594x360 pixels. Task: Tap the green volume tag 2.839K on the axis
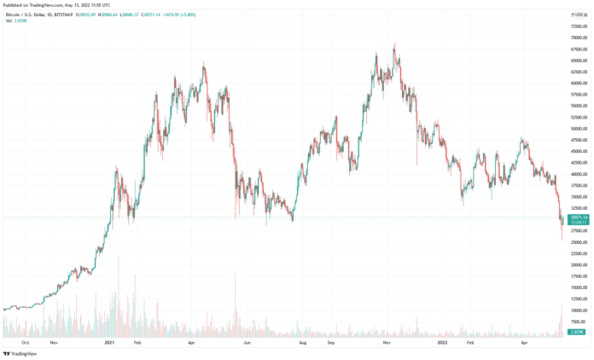click(x=577, y=332)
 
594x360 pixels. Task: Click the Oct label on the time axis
click(x=26, y=343)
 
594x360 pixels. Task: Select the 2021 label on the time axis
click(x=109, y=343)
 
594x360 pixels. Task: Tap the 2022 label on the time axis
click(x=443, y=343)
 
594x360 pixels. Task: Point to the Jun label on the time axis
click(x=247, y=343)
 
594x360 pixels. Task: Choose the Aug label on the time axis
click(x=301, y=343)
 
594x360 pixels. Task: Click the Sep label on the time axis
click(x=329, y=343)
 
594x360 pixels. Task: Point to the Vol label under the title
click(x=9, y=20)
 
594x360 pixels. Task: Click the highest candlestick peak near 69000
click(x=394, y=44)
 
